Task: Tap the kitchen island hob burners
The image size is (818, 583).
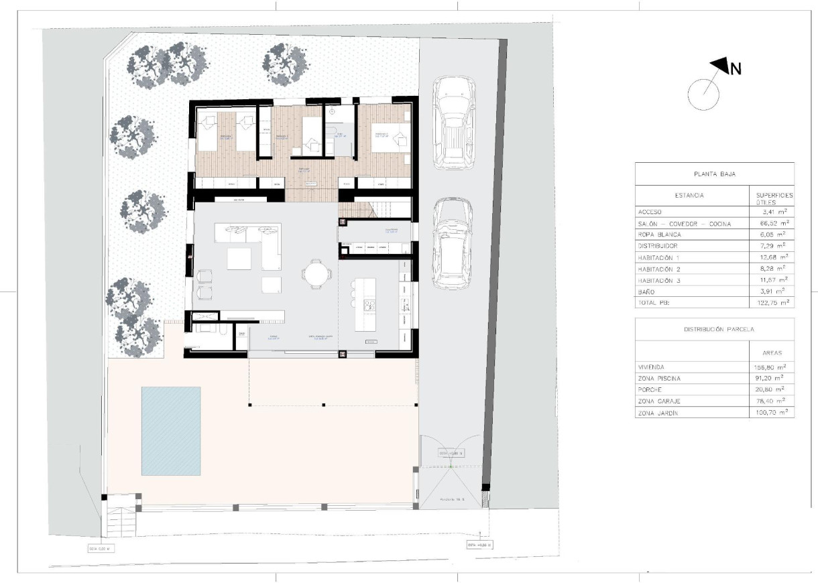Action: click(369, 306)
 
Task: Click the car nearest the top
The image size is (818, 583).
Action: click(454, 122)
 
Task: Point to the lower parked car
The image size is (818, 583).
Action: click(454, 244)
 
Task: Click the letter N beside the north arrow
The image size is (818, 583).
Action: click(736, 68)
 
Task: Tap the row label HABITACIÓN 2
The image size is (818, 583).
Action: click(664, 268)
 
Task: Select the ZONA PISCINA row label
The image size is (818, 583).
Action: click(660, 379)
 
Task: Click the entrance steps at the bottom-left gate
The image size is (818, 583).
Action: click(121, 519)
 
